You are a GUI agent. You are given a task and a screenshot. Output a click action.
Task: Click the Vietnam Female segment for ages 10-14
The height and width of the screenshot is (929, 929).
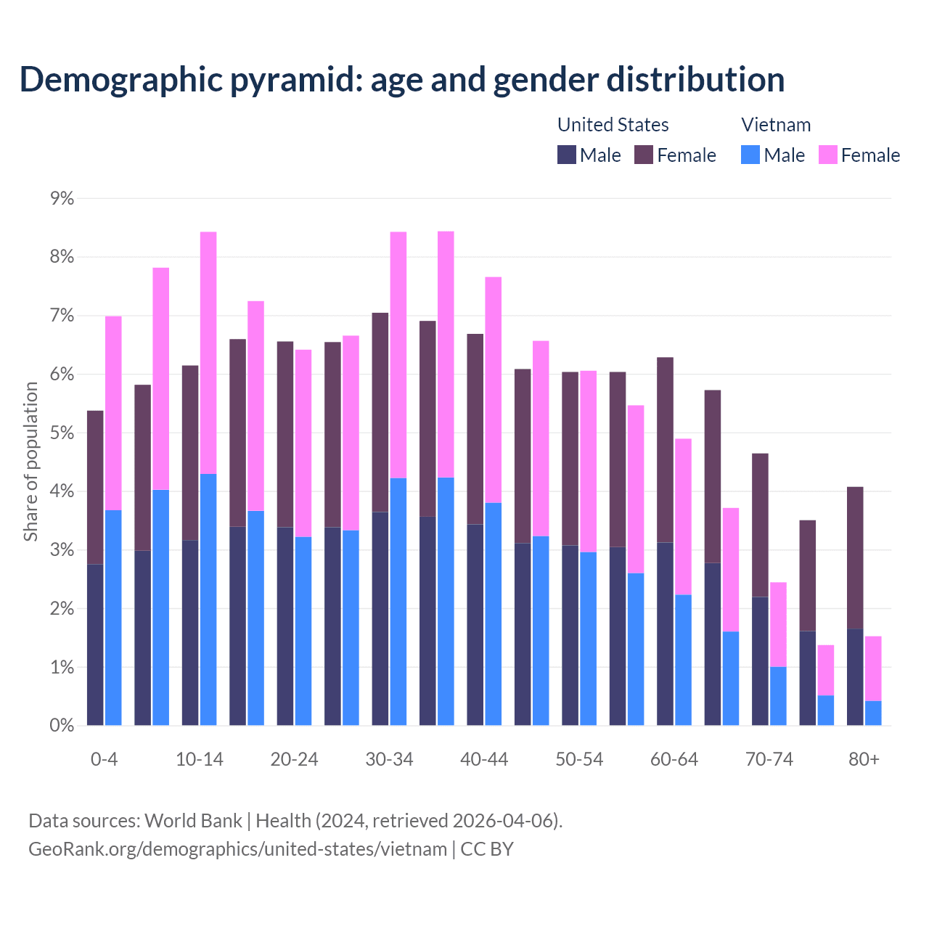tap(208, 353)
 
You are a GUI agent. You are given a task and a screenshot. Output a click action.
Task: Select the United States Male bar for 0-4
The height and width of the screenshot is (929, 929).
tap(95, 644)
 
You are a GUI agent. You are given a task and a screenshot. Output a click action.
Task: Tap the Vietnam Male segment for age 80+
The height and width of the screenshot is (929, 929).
tap(873, 713)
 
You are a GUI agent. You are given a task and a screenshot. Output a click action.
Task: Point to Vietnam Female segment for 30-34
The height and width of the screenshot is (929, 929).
tap(398, 355)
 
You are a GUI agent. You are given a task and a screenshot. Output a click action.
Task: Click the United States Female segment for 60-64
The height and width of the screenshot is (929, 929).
tap(665, 450)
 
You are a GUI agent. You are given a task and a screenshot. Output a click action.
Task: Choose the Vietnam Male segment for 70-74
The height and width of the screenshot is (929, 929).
tap(778, 696)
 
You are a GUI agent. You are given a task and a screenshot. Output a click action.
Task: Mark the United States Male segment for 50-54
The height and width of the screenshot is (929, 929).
tap(570, 635)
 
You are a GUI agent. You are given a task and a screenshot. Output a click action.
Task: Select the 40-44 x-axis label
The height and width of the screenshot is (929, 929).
tap(484, 759)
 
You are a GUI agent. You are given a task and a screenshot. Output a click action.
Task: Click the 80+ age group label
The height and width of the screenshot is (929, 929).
tap(864, 759)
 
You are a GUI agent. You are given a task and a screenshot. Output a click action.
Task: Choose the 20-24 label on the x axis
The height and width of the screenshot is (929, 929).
tap(294, 759)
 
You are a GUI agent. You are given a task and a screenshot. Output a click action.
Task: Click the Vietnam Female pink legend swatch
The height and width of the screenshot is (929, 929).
tap(827, 155)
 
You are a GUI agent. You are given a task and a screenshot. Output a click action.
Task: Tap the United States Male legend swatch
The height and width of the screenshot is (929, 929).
tap(567, 155)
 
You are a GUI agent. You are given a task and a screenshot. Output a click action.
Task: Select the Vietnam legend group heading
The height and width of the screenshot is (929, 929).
tap(776, 125)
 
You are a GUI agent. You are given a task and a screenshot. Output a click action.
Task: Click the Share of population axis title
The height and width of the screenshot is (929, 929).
tap(30, 462)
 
